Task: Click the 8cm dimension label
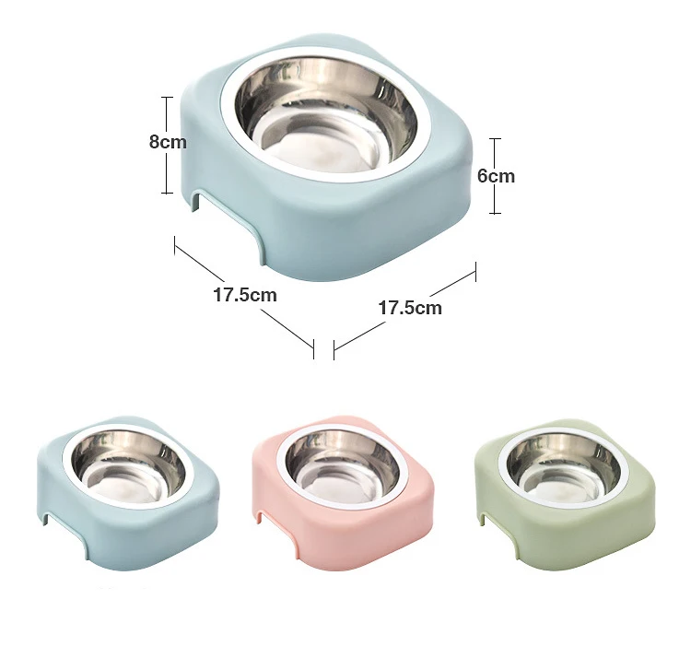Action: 168,142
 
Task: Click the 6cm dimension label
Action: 496,176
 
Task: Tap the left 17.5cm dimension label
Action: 245,295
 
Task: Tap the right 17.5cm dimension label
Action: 410,308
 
